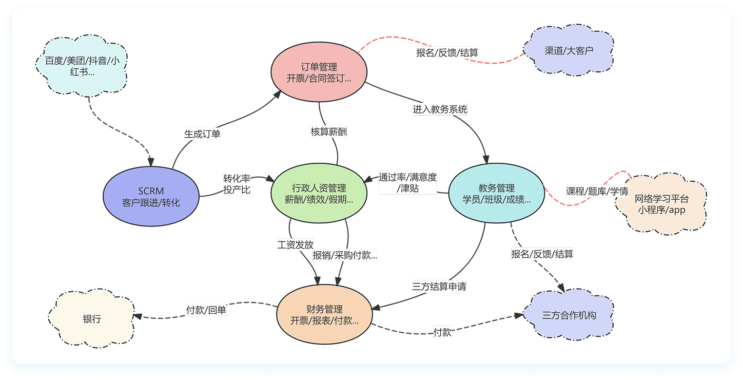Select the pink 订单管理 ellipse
coord(319,72)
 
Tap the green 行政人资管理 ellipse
coord(319,194)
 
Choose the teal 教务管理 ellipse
coord(496,194)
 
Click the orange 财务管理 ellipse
coord(324,315)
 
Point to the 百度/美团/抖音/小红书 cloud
coord(83,66)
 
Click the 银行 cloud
coord(92,319)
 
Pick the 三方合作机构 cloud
coord(569,315)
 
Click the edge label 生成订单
coord(202,134)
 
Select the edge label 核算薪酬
coord(329,132)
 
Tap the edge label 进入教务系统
coord(440,109)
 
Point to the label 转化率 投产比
coord(237,184)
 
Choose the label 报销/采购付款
coord(345,255)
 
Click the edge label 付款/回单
coord(206,310)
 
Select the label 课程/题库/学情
coord(597,191)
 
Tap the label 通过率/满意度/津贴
coord(408,183)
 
